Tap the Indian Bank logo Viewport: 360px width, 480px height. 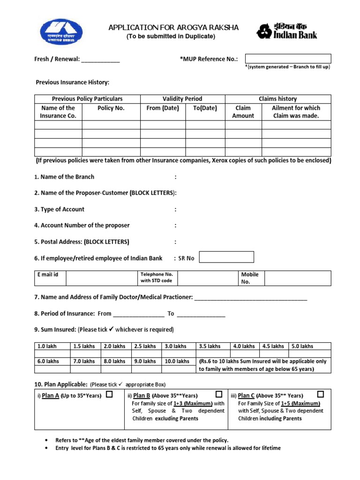tap(286, 31)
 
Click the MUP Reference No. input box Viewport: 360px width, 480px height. tap(288, 59)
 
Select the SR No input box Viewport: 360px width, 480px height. tap(226, 257)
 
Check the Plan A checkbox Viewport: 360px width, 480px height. tap(109, 395)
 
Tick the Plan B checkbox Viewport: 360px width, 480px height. tap(219, 395)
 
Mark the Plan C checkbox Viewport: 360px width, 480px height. tap(321, 394)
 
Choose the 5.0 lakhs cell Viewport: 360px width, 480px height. tap(302, 346)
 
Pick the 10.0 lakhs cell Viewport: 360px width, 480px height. tap(177, 361)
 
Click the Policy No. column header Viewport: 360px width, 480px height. tap(111, 108)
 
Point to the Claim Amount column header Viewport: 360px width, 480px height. tap(243, 112)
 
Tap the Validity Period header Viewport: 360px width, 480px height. tap(182, 99)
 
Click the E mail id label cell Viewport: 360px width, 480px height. tap(50, 275)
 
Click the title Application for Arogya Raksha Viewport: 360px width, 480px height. tap(173, 28)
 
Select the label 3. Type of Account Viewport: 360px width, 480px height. tap(59, 209)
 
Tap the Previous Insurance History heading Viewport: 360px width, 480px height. tap(73, 82)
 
